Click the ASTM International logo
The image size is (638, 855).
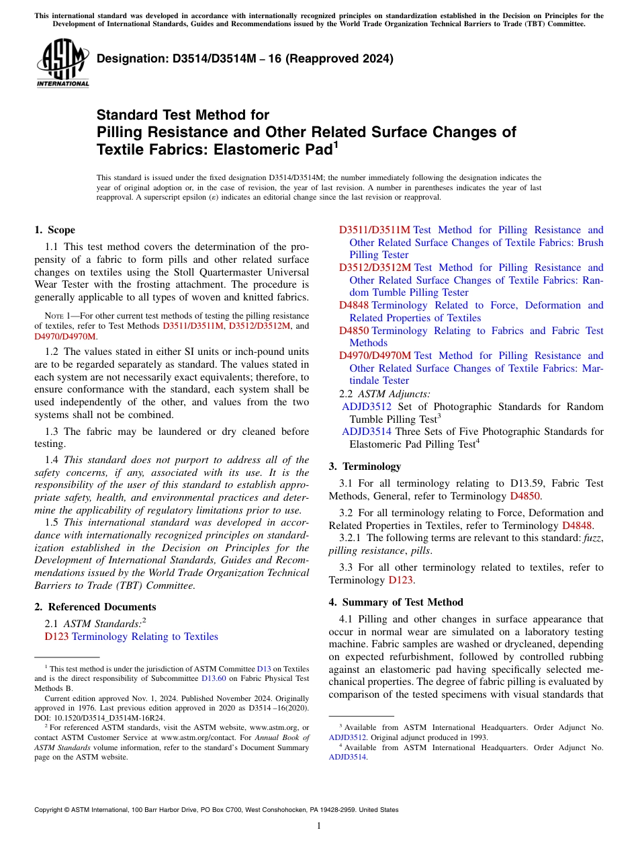(x=62, y=63)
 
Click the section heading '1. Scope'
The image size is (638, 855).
(x=54, y=230)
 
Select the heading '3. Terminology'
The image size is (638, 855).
(x=365, y=466)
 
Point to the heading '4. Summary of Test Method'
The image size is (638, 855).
(x=396, y=602)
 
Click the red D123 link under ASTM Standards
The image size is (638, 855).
(x=56, y=637)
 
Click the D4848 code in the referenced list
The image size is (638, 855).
(x=353, y=305)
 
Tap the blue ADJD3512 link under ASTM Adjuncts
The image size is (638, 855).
(x=367, y=407)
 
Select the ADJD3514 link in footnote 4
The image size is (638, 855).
(x=347, y=756)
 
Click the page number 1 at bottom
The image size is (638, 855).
(x=319, y=826)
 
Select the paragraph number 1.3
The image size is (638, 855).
(x=52, y=432)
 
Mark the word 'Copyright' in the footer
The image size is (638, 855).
(x=50, y=810)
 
